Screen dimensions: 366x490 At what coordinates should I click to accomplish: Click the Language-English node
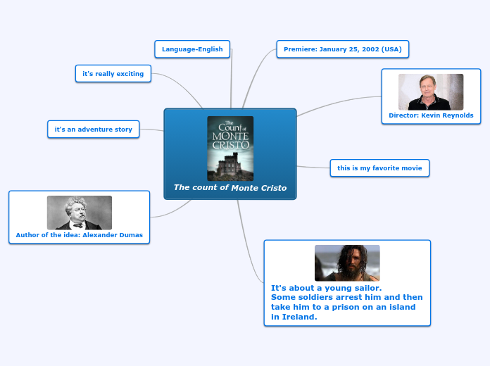(x=192, y=49)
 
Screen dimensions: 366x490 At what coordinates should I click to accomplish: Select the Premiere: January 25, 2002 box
(x=343, y=49)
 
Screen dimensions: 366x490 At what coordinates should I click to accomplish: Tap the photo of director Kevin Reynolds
(x=431, y=91)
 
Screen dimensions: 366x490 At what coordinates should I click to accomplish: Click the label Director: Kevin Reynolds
(x=431, y=115)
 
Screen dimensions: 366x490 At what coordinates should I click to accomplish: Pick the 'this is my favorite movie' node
(x=379, y=168)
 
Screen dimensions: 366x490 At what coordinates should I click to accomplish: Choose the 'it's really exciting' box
(x=113, y=73)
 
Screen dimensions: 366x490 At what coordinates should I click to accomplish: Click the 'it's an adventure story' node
(x=94, y=130)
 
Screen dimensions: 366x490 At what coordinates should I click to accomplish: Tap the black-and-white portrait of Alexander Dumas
(x=80, y=213)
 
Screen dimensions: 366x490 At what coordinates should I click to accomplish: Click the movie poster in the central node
(x=230, y=149)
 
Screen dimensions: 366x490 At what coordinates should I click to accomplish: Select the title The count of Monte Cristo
(x=230, y=188)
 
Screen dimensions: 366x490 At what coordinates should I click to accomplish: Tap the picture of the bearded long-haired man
(x=347, y=263)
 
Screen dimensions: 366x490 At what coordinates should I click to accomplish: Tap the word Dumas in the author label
(x=130, y=235)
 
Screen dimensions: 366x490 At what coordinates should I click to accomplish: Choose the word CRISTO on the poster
(x=230, y=144)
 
